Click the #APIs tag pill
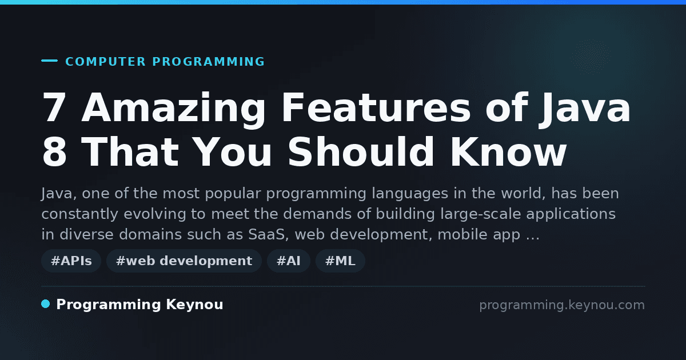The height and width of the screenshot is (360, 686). tap(71, 261)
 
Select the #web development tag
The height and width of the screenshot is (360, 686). tap(184, 261)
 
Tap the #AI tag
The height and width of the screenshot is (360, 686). tap(289, 261)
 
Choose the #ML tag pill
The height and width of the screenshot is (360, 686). tap(340, 261)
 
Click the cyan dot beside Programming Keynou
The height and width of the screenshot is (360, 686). tap(46, 304)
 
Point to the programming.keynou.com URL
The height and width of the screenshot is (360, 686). tap(562, 305)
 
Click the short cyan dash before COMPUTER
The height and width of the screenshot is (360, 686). tap(49, 61)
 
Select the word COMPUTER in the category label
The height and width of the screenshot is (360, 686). tap(105, 62)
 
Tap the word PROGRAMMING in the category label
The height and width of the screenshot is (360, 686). tap(208, 62)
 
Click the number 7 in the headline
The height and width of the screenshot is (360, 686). tap(54, 107)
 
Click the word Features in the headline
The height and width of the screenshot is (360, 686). tap(376, 107)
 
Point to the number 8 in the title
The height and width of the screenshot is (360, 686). tap(54, 151)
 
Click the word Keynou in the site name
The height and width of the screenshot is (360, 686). tap(194, 305)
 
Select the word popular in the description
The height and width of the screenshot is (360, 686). tap(233, 194)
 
